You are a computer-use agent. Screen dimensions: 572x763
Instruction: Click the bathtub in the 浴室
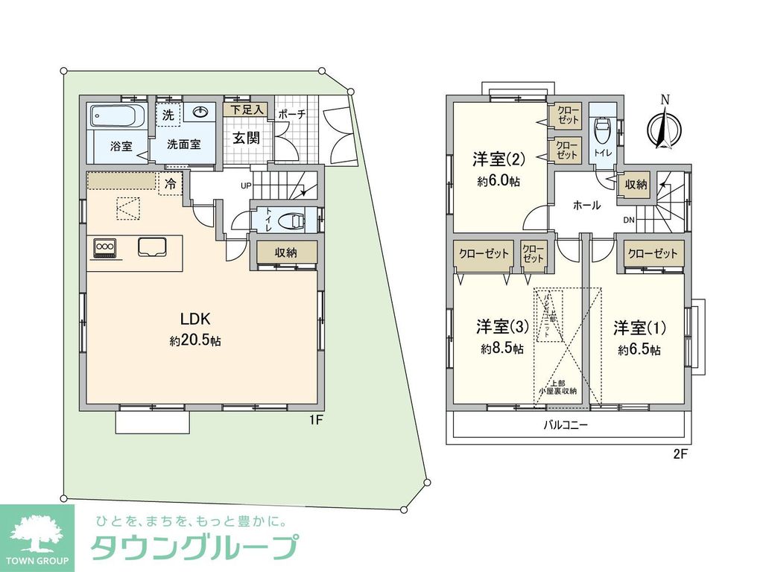(115, 117)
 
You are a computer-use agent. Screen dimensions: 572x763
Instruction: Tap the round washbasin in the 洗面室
(200, 113)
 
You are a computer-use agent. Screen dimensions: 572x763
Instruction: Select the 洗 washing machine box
(168, 115)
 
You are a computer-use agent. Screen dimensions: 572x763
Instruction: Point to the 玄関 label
(246, 138)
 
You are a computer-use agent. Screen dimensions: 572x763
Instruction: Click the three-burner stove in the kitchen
(104, 247)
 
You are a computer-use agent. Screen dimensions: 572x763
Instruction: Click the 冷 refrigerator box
(170, 183)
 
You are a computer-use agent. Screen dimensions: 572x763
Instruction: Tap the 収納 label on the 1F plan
(286, 252)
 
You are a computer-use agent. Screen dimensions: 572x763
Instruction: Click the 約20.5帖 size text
(194, 341)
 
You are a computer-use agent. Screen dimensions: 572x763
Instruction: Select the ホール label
(586, 205)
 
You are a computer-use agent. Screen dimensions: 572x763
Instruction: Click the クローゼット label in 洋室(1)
(653, 253)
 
